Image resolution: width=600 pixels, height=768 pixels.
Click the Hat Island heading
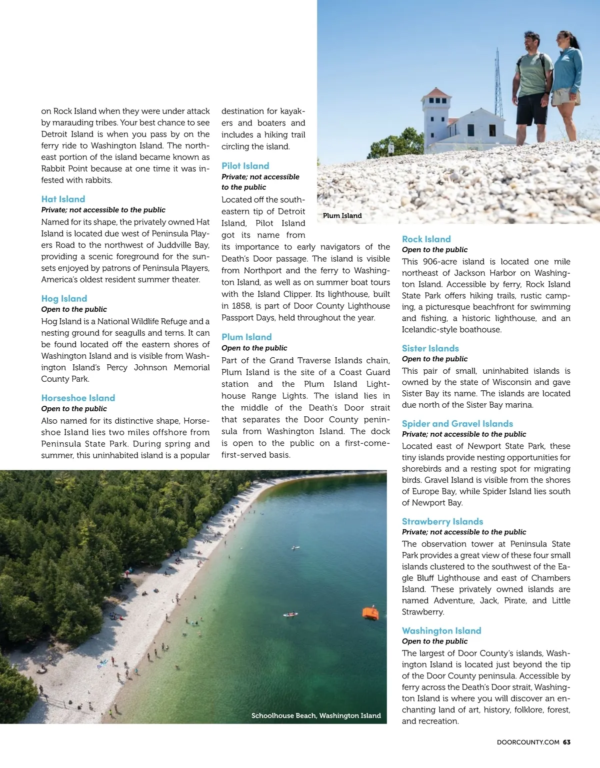63,199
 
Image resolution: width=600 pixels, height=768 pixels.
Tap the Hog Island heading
64,299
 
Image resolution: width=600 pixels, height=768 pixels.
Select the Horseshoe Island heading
78,398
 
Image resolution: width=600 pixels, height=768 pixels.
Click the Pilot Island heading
245,166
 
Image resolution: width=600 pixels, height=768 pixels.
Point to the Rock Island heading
426,239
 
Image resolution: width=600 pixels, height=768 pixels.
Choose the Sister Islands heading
430,348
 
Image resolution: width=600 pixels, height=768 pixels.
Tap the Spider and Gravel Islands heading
457,424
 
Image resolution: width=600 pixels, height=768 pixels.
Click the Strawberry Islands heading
442,521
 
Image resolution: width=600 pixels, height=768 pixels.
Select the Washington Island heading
441,631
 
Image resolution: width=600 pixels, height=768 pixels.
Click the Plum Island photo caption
342,216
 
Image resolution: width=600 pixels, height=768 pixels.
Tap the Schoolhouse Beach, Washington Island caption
316,716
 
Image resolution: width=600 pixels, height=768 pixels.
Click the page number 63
566,742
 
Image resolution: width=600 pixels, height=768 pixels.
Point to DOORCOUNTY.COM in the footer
528,742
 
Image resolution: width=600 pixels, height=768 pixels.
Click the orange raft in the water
370,613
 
